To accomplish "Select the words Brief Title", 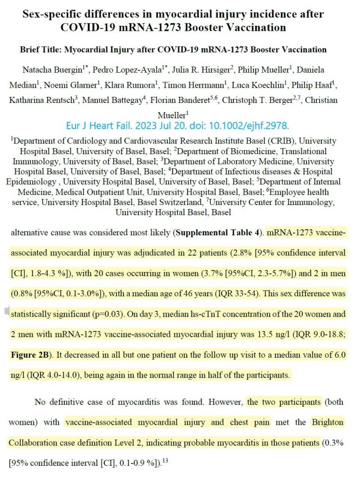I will tap(40, 49).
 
